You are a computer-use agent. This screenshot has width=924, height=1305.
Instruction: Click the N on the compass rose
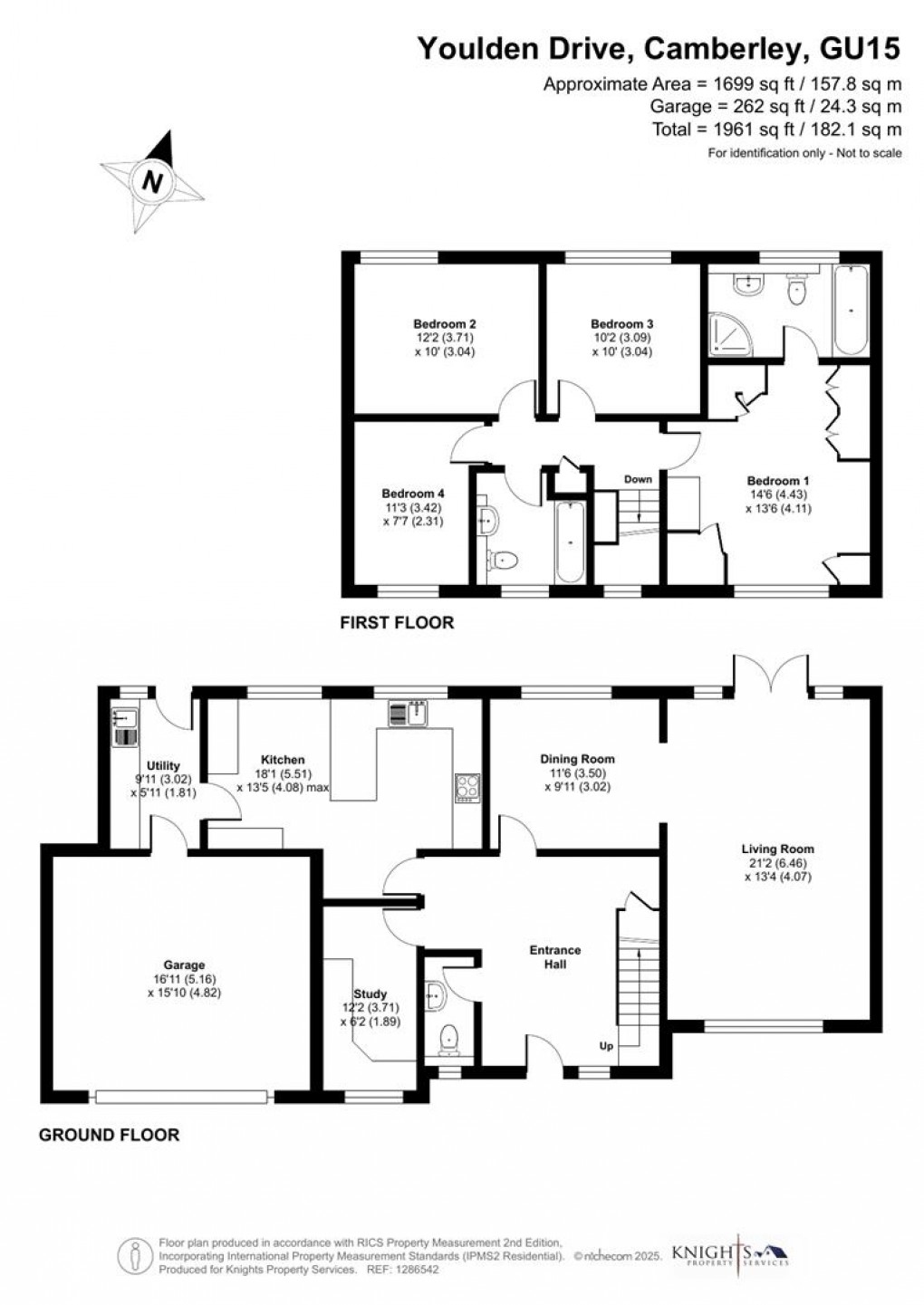[x=152, y=181]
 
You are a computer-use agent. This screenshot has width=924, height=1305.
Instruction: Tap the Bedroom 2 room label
[x=445, y=324]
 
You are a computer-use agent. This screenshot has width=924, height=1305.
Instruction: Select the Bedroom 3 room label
[x=621, y=324]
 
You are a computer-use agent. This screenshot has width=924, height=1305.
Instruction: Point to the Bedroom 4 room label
[x=413, y=494]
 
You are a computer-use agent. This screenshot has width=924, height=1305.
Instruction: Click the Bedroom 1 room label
[x=778, y=481]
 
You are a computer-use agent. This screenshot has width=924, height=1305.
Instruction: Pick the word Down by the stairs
[x=638, y=479]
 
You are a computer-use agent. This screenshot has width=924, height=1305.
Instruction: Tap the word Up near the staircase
[x=606, y=1046]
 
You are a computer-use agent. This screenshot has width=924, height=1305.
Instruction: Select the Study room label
[x=370, y=1010]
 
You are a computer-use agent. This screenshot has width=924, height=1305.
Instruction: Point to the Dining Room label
[x=577, y=759]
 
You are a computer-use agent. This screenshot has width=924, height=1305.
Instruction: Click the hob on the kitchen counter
[x=467, y=789]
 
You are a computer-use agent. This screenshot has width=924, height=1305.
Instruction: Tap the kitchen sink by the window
[x=408, y=713]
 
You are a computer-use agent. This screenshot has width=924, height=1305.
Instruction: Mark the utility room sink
[x=124, y=727]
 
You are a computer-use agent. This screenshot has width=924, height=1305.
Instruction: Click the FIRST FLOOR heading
[x=397, y=623]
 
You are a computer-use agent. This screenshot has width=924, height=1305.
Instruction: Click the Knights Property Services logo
[x=730, y=1252]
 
